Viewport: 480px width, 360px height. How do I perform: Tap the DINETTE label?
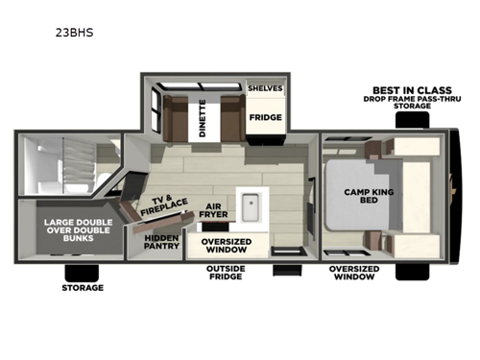(203, 118)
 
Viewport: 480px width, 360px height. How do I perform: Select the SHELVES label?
(264, 87)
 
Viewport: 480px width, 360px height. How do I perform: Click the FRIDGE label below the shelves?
(265, 118)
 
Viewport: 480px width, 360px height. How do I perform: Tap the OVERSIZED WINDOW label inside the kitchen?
(227, 246)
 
